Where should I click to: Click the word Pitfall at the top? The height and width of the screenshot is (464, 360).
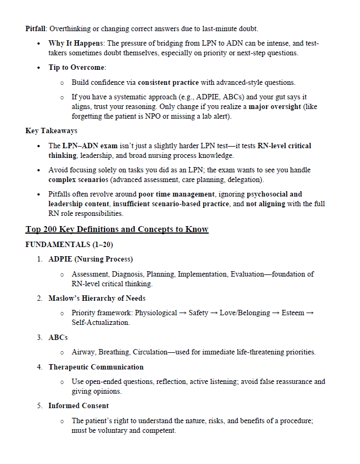(36, 28)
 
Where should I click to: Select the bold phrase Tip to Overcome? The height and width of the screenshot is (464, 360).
(77, 68)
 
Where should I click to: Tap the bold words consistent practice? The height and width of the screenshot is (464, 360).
(168, 83)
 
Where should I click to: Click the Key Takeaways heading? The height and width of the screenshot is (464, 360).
(52, 131)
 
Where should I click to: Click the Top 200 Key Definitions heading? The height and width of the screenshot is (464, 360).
(117, 229)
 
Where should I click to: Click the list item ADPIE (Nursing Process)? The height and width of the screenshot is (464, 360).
(91, 259)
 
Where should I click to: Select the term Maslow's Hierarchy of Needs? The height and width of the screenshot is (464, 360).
(97, 298)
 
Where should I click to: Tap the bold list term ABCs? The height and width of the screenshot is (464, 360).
(58, 337)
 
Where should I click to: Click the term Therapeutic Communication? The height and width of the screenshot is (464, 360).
(96, 367)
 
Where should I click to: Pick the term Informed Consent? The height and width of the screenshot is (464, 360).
(78, 406)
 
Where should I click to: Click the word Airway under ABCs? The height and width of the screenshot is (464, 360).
(84, 352)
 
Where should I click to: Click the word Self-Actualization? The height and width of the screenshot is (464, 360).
(100, 323)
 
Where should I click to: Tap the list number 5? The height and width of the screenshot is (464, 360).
(40, 406)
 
